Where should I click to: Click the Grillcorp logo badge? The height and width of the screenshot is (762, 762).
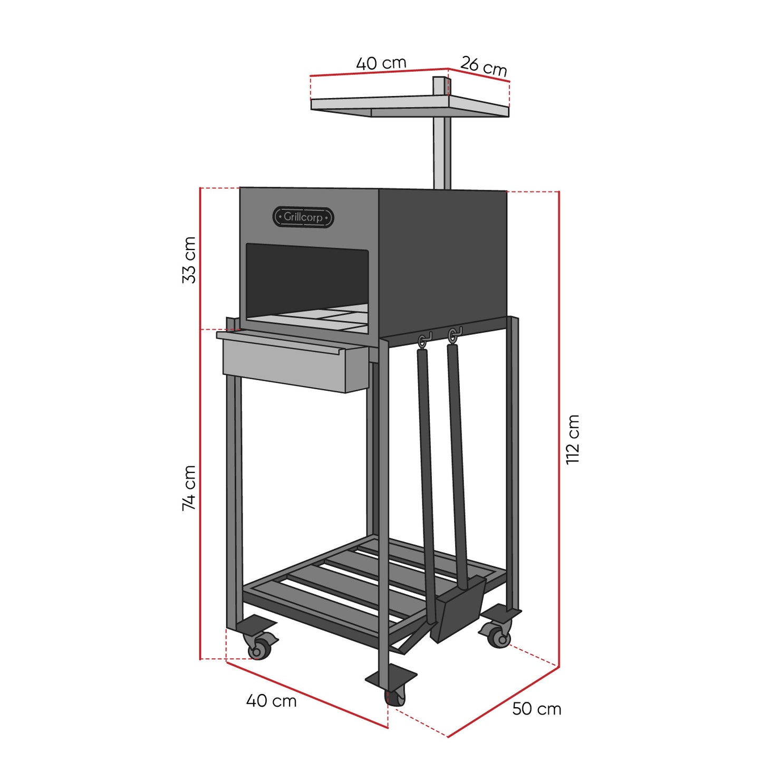click(x=303, y=217)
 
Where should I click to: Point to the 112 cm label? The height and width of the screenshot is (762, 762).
click(x=573, y=439)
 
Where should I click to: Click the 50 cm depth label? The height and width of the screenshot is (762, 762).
click(x=536, y=709)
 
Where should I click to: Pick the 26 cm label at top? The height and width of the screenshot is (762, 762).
click(x=484, y=66)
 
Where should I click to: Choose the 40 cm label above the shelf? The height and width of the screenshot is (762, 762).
click(x=381, y=63)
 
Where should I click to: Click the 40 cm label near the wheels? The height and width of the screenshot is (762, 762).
click(x=271, y=701)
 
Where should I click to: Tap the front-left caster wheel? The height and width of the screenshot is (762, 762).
click(x=258, y=649)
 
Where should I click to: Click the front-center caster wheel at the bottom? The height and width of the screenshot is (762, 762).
click(x=395, y=698)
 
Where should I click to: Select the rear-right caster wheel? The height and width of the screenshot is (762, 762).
click(x=498, y=637)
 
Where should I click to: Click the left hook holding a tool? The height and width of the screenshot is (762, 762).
click(x=423, y=340)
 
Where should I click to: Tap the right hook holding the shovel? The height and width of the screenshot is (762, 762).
click(x=452, y=335)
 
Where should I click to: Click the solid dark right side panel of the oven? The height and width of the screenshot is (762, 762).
click(x=443, y=258)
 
